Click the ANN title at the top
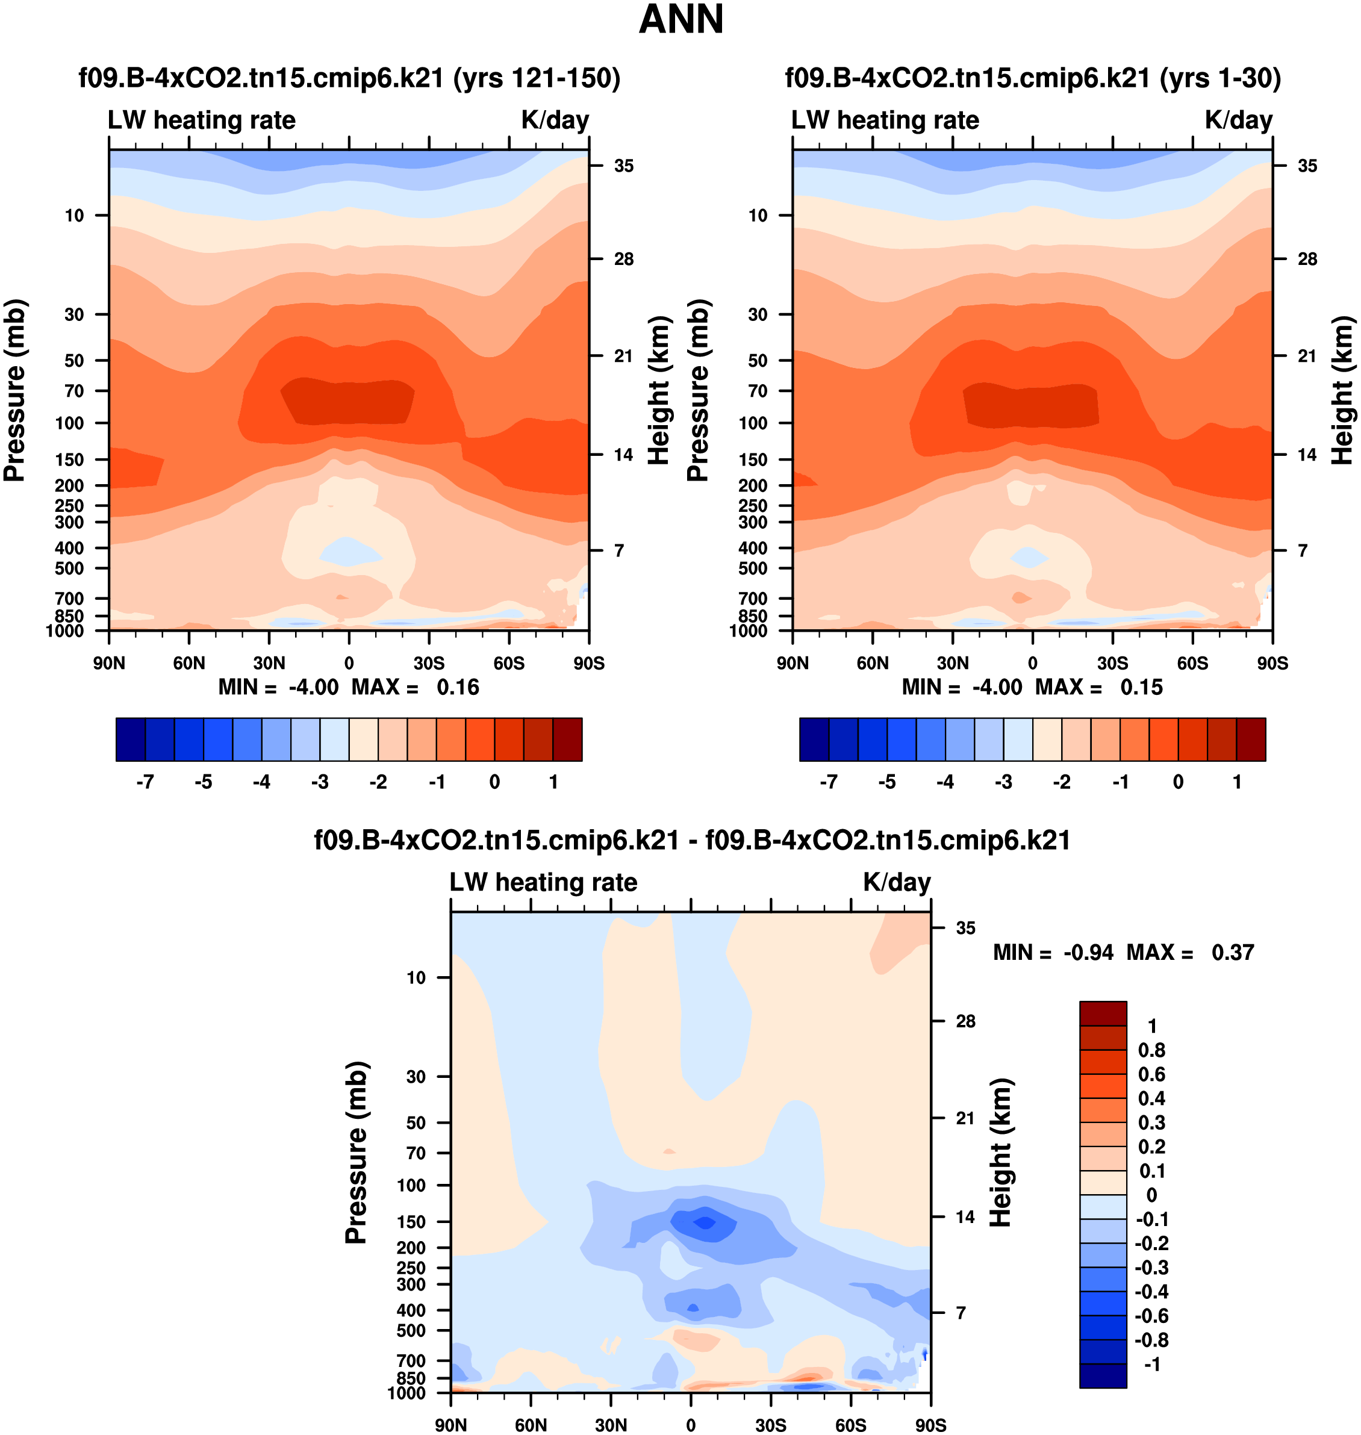680,20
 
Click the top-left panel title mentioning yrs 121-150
349,78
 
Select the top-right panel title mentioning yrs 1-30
1032,78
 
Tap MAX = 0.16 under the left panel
415,687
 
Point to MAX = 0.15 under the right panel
1098,687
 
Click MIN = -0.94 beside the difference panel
1053,953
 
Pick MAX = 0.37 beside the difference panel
1190,953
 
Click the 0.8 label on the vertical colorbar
1151,1050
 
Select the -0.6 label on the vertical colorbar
1151,1316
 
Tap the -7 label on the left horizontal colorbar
145,782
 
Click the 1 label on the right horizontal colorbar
1237,782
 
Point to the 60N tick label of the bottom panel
531,1425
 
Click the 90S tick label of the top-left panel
588,663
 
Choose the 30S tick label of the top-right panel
1112,663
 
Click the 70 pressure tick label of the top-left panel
74,391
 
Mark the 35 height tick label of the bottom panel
965,928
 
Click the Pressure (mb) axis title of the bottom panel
357,1153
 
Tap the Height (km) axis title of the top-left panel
658,390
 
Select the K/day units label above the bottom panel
897,882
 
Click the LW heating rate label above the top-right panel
885,120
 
